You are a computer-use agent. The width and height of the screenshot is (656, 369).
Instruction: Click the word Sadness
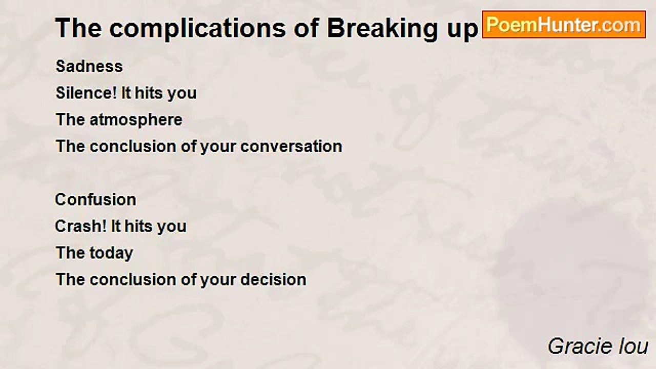pos(89,67)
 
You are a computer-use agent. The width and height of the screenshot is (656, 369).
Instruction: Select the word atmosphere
pos(136,120)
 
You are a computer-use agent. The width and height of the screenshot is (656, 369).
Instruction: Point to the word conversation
pos(291,147)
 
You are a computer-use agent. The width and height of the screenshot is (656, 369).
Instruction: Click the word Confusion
pos(95,200)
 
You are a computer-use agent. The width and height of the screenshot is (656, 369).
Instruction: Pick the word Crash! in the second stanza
pos(75,227)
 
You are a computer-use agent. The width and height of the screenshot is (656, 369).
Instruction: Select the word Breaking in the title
pos(378,29)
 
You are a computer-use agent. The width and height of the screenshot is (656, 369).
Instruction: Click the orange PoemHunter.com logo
pos(564,25)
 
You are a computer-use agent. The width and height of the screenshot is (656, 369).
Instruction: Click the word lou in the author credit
pos(632,346)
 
